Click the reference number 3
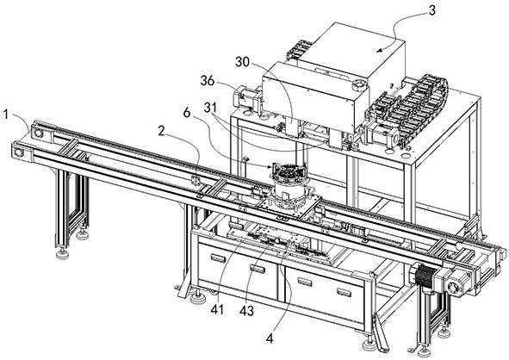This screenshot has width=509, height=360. click(431, 10)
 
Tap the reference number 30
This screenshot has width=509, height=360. click(243, 62)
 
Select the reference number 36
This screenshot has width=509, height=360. click(207, 80)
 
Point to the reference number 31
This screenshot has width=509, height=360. click(210, 108)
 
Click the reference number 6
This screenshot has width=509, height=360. click(186, 112)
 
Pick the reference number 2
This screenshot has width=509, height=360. click(161, 131)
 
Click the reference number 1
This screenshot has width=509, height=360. click(5, 114)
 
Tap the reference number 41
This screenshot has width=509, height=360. click(217, 310)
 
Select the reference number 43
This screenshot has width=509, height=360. click(246, 311)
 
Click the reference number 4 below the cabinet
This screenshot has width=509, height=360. click(270, 338)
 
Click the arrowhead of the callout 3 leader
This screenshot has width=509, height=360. click(380, 50)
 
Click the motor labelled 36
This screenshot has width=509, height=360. click(245, 96)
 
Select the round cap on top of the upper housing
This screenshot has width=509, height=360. click(360, 85)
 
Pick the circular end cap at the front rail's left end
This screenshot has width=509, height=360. click(19, 152)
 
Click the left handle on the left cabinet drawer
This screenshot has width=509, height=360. click(218, 258)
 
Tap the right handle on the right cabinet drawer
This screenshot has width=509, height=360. click(344, 292)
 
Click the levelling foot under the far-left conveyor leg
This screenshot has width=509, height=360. click(62, 253)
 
